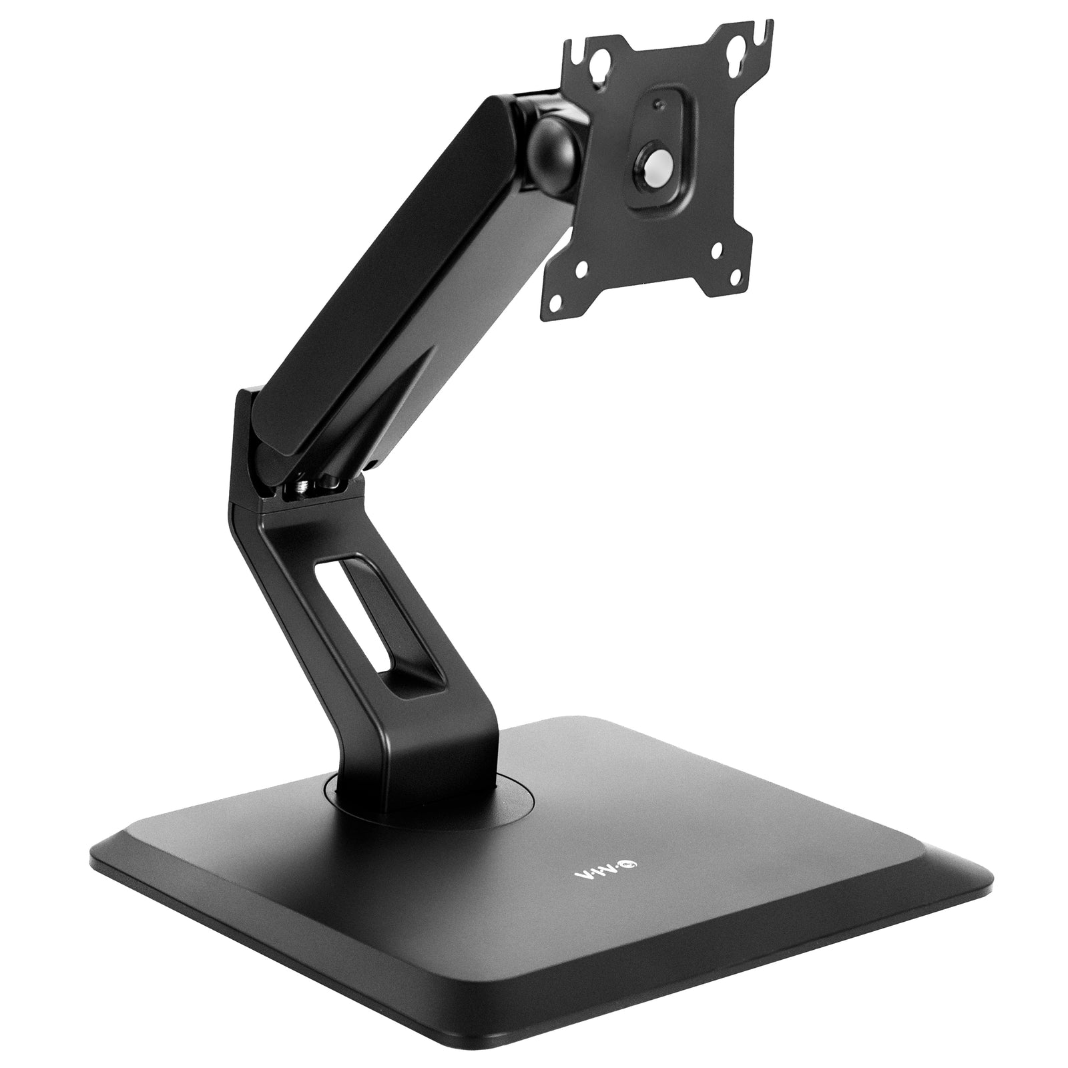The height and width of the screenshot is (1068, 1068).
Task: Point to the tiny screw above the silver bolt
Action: click(x=659, y=103)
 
